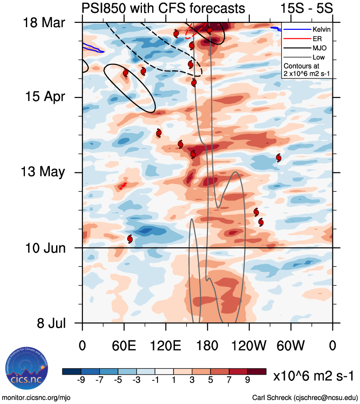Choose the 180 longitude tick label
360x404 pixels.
click(207, 346)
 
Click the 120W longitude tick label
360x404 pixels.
click(249, 346)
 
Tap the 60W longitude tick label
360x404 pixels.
click(291, 346)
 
